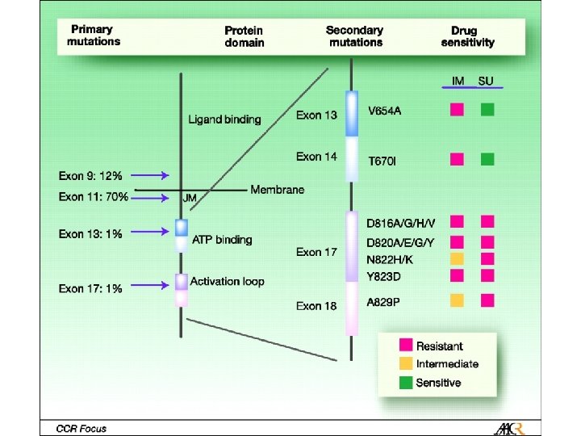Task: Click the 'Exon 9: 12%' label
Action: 90,175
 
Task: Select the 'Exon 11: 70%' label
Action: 94,196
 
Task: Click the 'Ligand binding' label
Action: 224,119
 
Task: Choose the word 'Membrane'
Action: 277,190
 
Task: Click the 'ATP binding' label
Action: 222,240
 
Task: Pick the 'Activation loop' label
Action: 227,282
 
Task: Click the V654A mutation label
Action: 384,111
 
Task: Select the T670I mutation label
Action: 382,161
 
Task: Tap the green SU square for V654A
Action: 487,110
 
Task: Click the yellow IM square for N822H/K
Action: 457,258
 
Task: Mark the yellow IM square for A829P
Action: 457,300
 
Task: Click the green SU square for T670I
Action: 487,159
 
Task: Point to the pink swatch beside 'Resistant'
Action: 403,346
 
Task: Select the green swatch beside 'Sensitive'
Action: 403,383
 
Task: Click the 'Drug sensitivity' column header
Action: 467,36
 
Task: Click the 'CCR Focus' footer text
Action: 75,428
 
